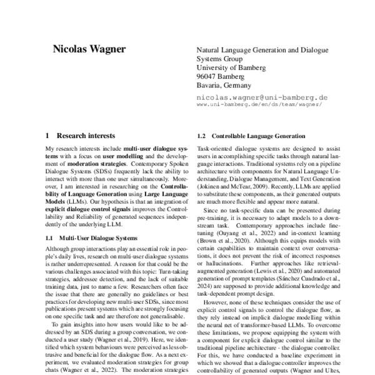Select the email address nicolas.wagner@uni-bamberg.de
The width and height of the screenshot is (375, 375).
point(262,97)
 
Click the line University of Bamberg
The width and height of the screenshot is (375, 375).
point(231,67)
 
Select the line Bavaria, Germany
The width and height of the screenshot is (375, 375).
point(224,85)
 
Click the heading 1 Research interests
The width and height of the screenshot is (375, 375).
point(81,135)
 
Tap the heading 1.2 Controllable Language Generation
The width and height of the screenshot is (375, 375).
point(251,136)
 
